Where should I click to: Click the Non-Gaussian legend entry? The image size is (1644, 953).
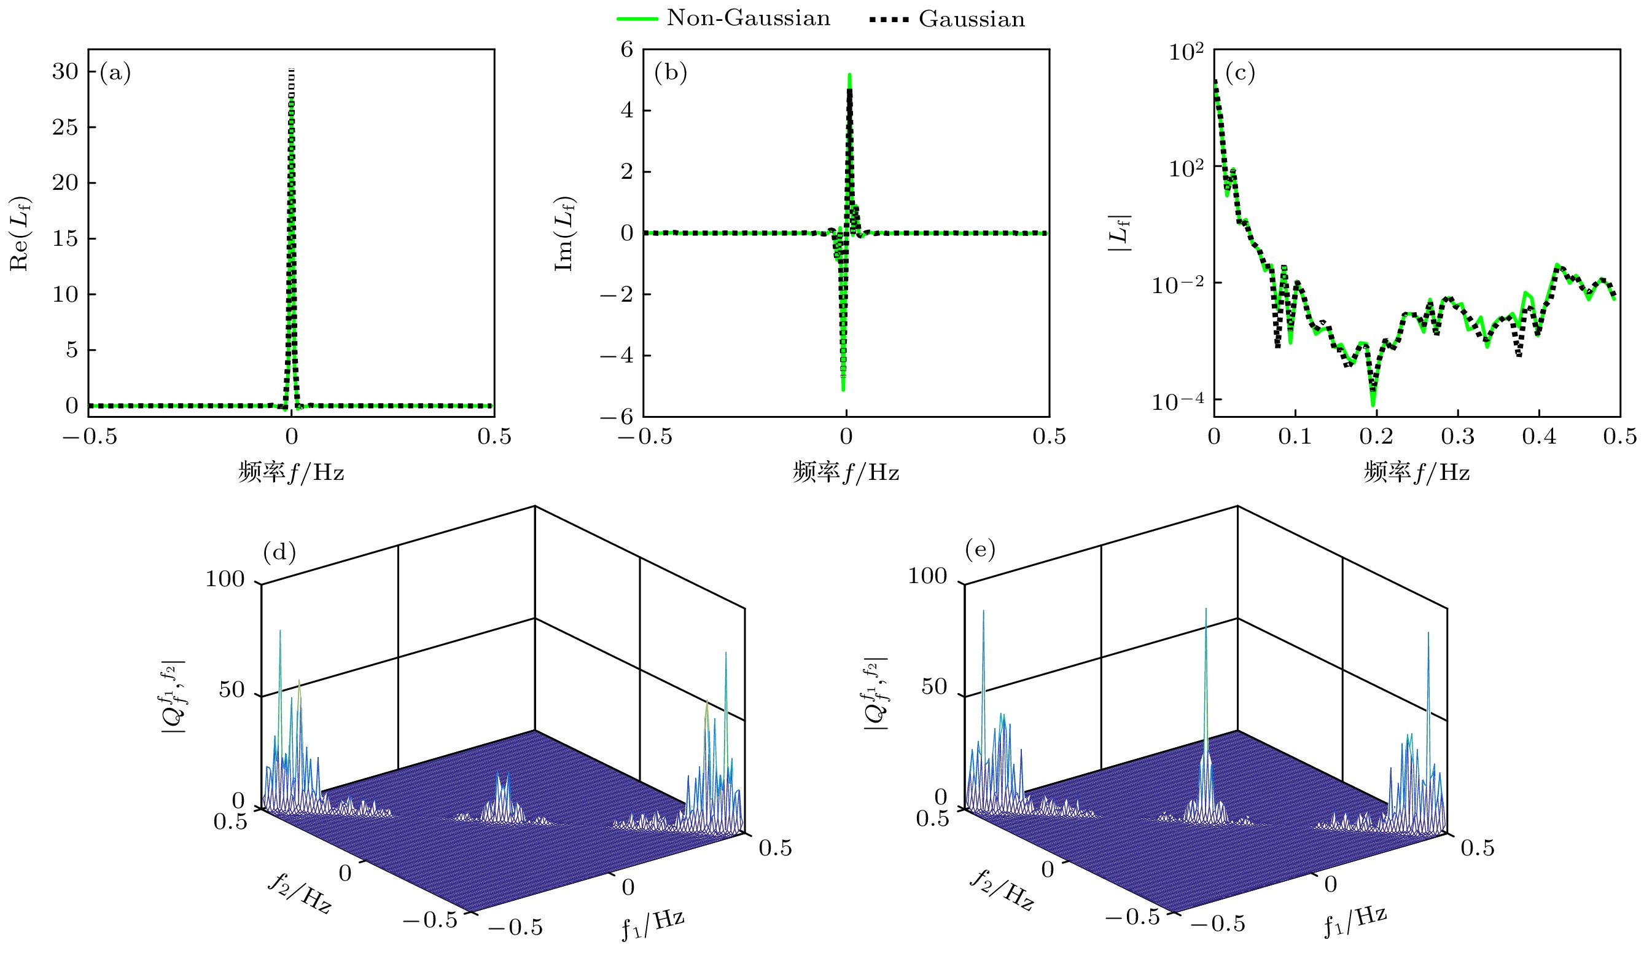tap(724, 18)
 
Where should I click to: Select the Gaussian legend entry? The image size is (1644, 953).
tap(947, 20)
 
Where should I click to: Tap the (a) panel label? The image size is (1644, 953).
tap(115, 72)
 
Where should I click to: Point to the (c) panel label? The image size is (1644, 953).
tap(1240, 72)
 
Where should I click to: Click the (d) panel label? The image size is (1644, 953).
tap(279, 552)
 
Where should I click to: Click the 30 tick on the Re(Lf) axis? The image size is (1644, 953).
tap(65, 71)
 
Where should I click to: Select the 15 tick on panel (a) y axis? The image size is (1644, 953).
tap(65, 238)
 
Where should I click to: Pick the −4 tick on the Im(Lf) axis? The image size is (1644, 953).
tap(617, 356)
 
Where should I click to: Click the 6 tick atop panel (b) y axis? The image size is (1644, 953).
tap(627, 49)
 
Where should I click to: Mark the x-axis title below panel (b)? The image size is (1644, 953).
tap(846, 471)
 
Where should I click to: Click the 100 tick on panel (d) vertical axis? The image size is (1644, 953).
tap(225, 579)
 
